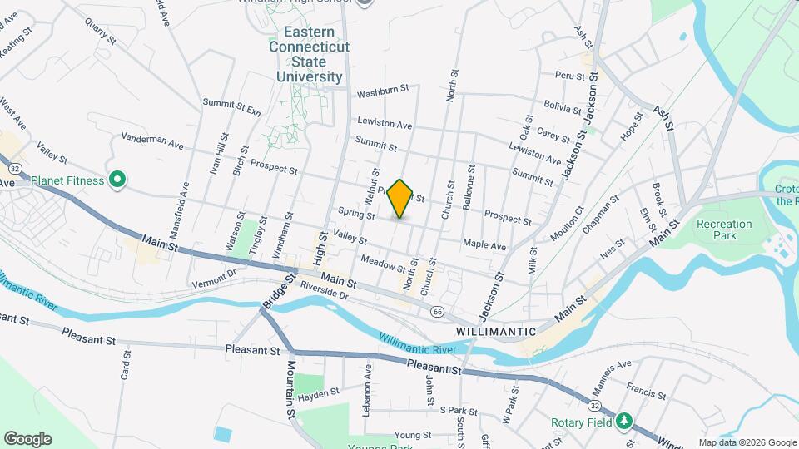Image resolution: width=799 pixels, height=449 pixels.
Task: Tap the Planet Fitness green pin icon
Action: click(117, 180)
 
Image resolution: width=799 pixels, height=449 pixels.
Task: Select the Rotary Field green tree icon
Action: click(623, 422)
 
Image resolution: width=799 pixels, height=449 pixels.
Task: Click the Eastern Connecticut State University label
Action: click(305, 54)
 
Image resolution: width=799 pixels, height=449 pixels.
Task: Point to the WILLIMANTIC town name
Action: click(496, 331)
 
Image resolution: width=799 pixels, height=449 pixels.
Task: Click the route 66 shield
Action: click(437, 311)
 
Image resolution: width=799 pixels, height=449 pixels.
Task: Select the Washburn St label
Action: click(384, 88)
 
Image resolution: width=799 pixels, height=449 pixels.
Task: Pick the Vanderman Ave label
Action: click(151, 142)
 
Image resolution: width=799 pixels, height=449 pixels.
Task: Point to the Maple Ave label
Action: click(484, 246)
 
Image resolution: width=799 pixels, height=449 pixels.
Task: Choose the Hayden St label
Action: click(318, 392)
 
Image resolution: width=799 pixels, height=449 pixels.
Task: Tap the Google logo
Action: click(27, 438)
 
